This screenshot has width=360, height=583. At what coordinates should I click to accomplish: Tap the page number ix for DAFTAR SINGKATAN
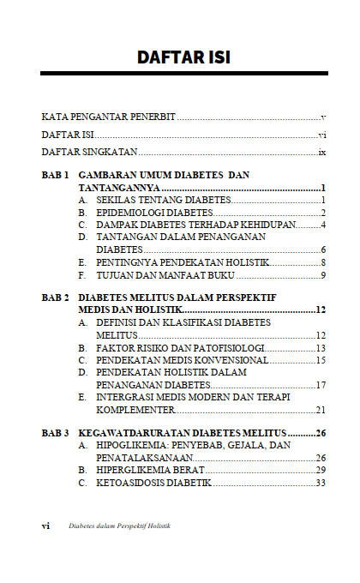pos(322,152)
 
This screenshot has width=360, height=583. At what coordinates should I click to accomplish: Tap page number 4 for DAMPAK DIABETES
pos(325,225)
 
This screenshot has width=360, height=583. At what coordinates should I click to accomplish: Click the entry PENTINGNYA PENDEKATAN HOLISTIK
pos(183,261)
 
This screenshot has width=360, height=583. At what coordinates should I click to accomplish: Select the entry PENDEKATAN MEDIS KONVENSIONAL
pos(183,361)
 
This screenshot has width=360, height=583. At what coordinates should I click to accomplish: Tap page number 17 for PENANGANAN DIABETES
pos(321,385)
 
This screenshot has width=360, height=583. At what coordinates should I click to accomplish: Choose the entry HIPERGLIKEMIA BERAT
pos(150,470)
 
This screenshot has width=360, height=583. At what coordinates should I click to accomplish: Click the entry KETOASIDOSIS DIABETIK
pos(153,483)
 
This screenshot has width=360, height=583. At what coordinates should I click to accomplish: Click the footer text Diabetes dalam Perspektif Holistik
pos(119,526)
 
